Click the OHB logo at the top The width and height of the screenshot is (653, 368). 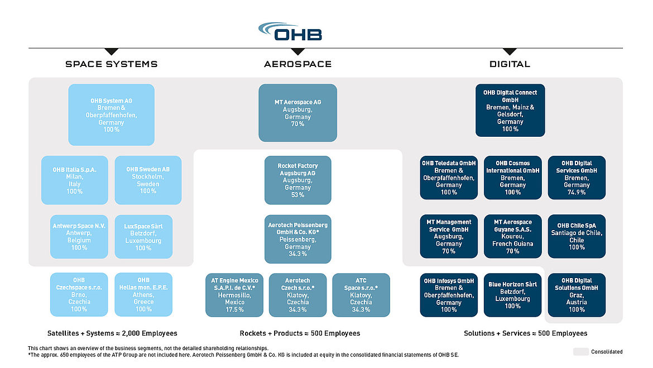(x=290, y=32)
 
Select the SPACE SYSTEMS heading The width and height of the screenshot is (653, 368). (x=112, y=64)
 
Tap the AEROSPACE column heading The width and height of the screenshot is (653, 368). (x=297, y=64)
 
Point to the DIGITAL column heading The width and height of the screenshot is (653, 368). (x=510, y=64)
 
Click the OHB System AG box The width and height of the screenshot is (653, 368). (x=111, y=114)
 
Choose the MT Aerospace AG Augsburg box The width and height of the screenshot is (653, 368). (x=297, y=113)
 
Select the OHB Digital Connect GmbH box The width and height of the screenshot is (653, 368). (x=510, y=110)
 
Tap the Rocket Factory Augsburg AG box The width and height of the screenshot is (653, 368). (x=297, y=180)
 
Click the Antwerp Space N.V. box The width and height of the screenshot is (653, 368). (x=79, y=237)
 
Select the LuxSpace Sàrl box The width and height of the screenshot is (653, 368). (x=143, y=237)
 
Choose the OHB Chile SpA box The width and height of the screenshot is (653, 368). (x=577, y=236)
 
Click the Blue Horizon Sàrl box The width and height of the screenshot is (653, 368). (x=512, y=294)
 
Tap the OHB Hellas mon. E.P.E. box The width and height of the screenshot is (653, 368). (x=143, y=294)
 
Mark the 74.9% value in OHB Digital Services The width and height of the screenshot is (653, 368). (x=577, y=192)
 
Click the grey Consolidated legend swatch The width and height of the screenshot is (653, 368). (x=580, y=352)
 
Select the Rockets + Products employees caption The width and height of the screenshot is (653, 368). (x=300, y=333)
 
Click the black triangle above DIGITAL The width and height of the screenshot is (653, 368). (x=510, y=51)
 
